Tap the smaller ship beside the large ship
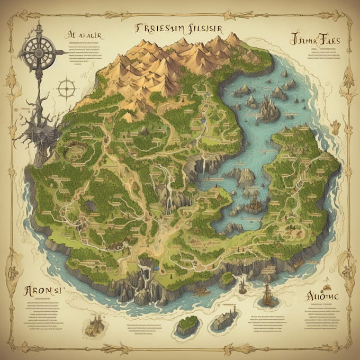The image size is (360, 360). (x=242, y=286)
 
